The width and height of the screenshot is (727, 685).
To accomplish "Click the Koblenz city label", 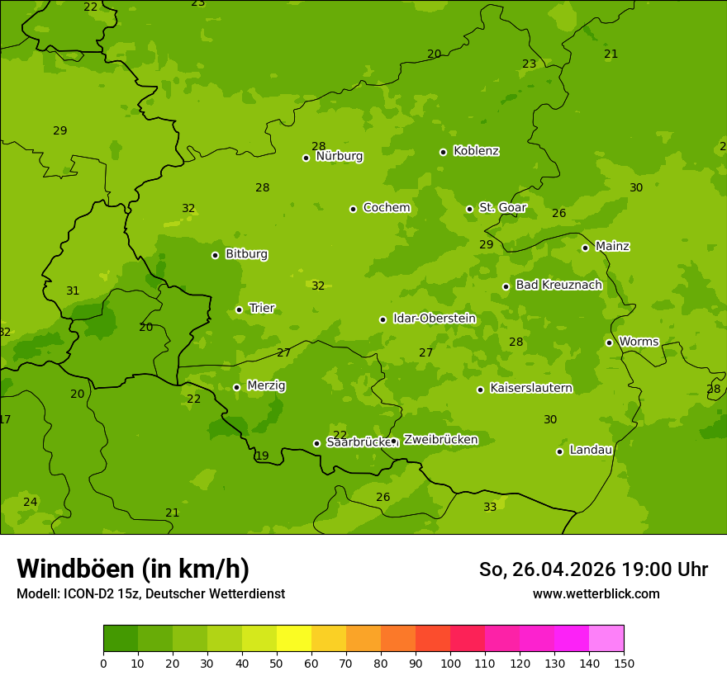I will pyautogui.click(x=476, y=151).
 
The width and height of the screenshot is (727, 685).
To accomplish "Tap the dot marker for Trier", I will pyautogui.click(x=239, y=309).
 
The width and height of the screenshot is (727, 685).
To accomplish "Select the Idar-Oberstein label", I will pyautogui.click(x=434, y=319).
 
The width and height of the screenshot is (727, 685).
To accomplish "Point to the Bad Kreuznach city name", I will pyautogui.click(x=558, y=285).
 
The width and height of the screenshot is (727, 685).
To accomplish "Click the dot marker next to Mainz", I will pyautogui.click(x=585, y=248).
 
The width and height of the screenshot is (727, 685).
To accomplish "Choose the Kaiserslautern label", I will pyautogui.click(x=531, y=388).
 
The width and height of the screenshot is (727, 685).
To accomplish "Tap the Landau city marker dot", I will pyautogui.click(x=559, y=451).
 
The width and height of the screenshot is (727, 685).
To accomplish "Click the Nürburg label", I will pyautogui.click(x=339, y=156).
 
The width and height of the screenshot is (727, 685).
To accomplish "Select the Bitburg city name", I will pyautogui.click(x=246, y=254).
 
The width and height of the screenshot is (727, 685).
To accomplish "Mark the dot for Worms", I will pyautogui.click(x=609, y=342).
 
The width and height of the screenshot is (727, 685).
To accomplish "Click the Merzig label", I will pyautogui.click(x=266, y=385).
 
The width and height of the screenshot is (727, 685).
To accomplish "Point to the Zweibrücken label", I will pyautogui.click(x=440, y=440).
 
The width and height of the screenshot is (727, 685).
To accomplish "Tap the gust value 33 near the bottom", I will pyautogui.click(x=490, y=507).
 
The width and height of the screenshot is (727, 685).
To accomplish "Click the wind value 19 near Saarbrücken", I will pyautogui.click(x=262, y=456).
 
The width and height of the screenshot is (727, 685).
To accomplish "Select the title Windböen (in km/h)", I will pyautogui.click(x=133, y=569).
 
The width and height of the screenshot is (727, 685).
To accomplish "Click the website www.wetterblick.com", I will pyautogui.click(x=596, y=593).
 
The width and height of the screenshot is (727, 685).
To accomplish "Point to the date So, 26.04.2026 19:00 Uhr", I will pyautogui.click(x=593, y=569).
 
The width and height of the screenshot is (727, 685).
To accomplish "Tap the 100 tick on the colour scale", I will pyautogui.click(x=450, y=663).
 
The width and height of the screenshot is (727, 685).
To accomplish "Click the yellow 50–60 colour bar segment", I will pyautogui.click(x=294, y=639).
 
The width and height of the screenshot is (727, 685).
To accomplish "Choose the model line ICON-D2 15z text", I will pyautogui.click(x=150, y=593).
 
